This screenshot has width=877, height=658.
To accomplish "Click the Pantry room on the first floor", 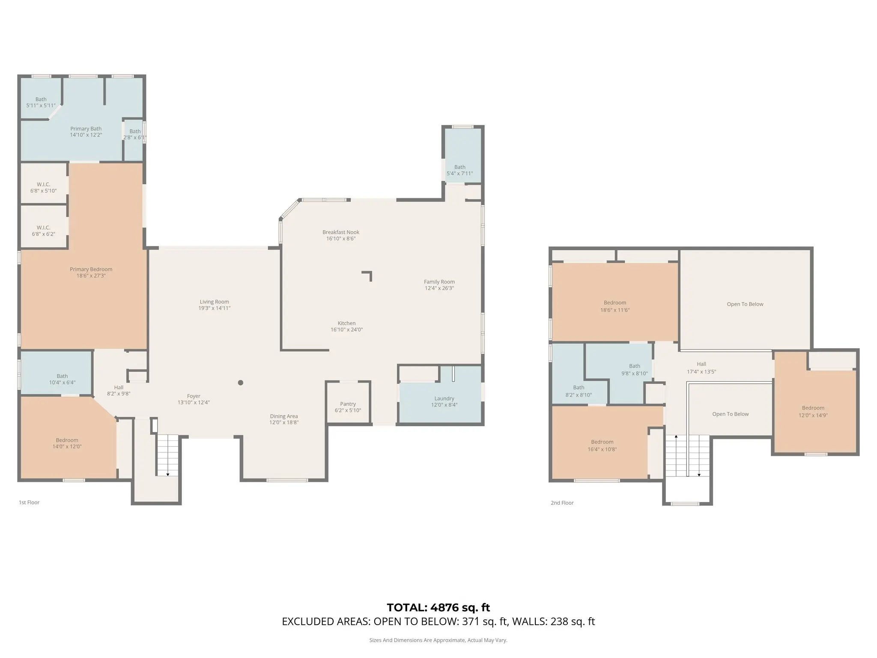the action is (348, 403).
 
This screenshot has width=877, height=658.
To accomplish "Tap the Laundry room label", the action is (444, 398).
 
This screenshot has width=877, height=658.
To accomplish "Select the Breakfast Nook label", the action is (341, 232).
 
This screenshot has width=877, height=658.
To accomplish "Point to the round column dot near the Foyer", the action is (241, 383).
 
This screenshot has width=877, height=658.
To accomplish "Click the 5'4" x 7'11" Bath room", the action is (462, 155).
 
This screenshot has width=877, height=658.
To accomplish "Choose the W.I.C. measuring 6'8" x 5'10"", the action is (44, 184).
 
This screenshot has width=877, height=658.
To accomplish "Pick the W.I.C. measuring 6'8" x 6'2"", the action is (44, 227).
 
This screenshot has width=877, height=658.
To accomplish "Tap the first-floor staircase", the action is (167, 455).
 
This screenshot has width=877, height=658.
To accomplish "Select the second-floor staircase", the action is (688, 455).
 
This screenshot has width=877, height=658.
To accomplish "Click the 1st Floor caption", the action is (29, 502).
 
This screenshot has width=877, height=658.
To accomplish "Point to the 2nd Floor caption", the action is (562, 503).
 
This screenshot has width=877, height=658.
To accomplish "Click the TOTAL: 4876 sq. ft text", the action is (438, 607).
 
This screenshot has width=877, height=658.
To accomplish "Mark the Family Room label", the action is (439, 282).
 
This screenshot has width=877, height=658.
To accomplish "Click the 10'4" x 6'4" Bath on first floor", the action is (56, 373).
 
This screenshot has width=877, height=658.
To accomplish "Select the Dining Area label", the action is (284, 416).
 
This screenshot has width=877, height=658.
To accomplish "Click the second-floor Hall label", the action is (701, 364).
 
